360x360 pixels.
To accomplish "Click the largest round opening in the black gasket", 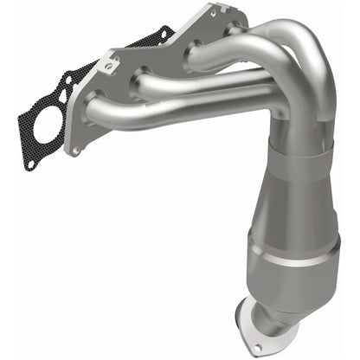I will [x=42, y=127].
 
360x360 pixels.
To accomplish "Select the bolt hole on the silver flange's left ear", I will [x=109, y=63].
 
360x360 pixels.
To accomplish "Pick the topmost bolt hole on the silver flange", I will [x=211, y=11].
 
